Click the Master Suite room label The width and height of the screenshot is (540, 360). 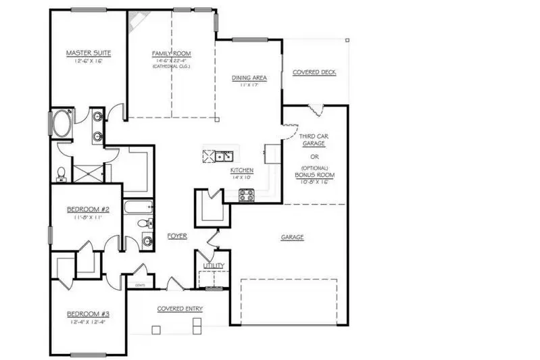[88, 52]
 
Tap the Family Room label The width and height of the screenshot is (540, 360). [171, 53]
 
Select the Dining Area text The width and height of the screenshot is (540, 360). [249, 78]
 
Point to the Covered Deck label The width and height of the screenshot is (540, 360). [314, 72]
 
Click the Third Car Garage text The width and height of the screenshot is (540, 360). [312, 139]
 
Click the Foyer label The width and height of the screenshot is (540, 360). [177, 236]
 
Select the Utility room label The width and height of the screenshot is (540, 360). [213, 266]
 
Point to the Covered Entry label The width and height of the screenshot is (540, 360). [180, 309]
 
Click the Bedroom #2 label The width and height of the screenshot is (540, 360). [84, 209]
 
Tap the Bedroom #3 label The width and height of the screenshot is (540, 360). [84, 313]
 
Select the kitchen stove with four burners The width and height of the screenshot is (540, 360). [247, 195]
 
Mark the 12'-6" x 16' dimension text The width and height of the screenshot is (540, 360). [88, 61]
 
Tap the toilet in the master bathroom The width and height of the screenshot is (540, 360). [62, 174]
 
